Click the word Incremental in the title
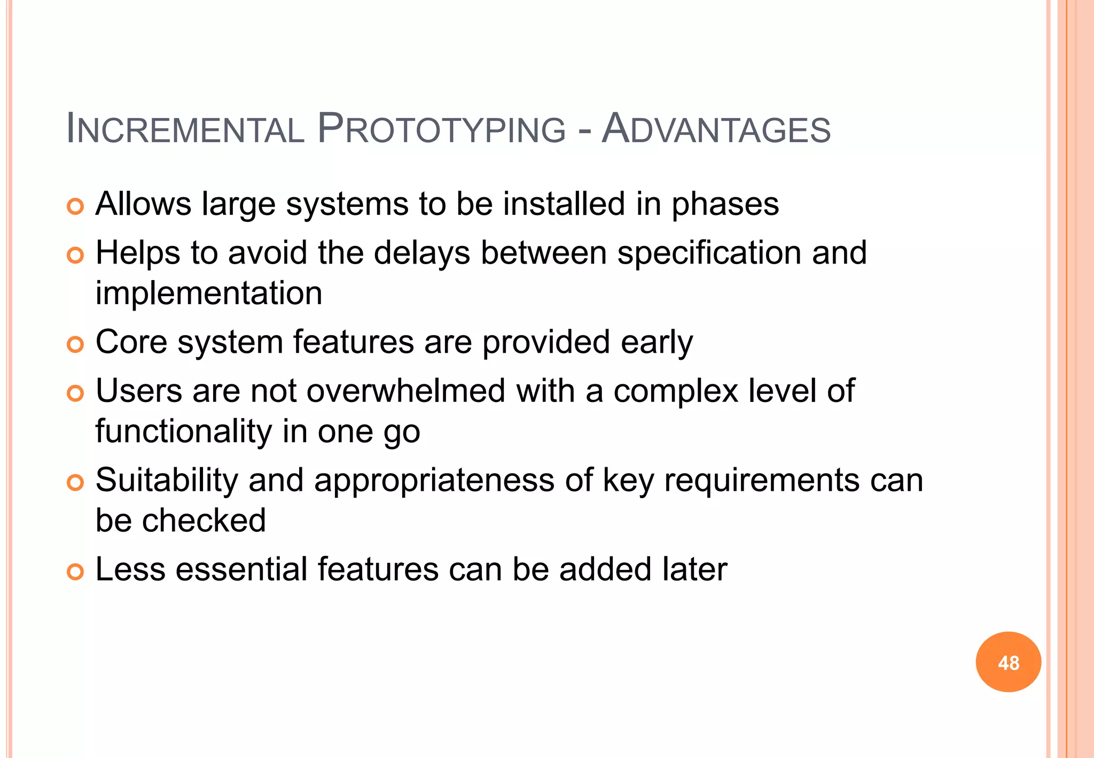[x=185, y=129]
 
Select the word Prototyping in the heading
[x=441, y=129]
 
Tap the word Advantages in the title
[x=716, y=129]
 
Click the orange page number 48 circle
[x=1008, y=662]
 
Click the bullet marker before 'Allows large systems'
[x=75, y=207]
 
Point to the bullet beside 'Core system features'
[x=75, y=345]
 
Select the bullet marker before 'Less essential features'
[x=75, y=572]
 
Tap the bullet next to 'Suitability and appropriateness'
[x=75, y=483]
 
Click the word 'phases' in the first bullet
[x=725, y=205]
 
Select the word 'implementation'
[x=209, y=293]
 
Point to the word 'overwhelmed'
[x=405, y=391]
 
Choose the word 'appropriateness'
[x=434, y=480]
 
